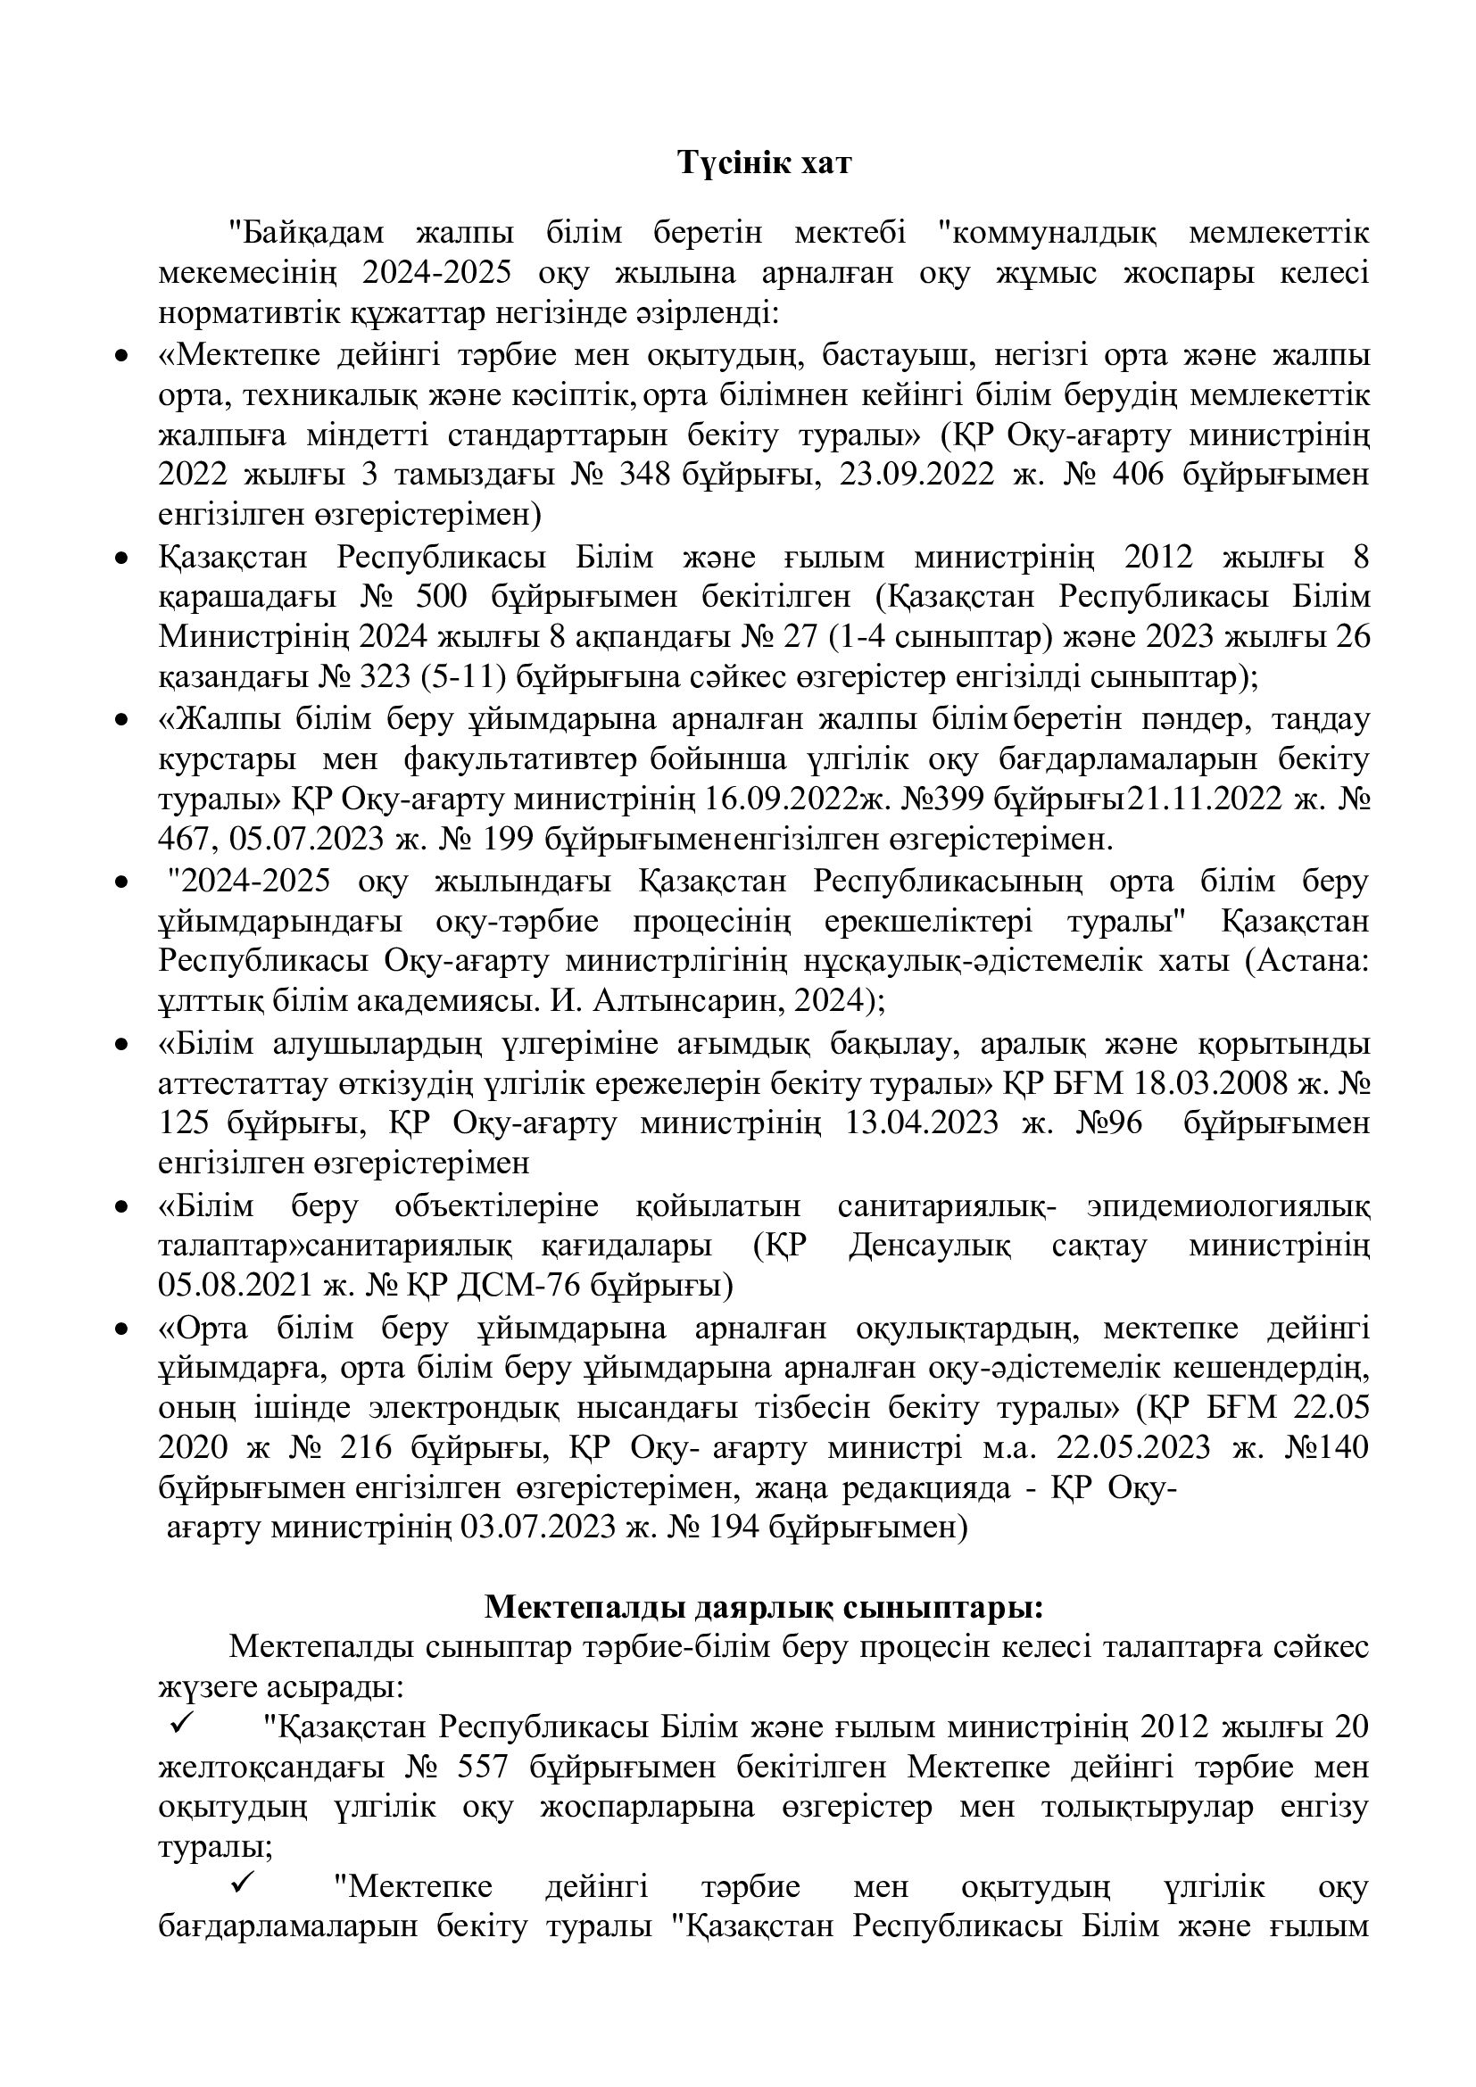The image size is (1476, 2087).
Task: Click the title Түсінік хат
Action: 765,163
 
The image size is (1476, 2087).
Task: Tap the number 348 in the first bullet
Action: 643,475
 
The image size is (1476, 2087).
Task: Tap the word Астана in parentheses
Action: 1305,961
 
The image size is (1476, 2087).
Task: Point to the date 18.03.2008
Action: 1227,1083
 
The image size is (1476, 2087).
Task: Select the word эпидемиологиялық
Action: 1228,1206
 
